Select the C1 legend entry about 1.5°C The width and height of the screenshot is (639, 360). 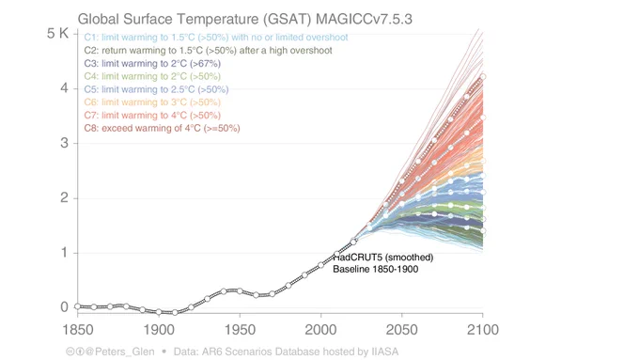pos(216,38)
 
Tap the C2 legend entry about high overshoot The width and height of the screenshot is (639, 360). pos(208,51)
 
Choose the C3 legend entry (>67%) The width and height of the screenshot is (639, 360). pos(152,64)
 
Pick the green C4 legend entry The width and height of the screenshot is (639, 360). pos(152,76)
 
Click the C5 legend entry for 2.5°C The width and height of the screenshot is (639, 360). pos(156,89)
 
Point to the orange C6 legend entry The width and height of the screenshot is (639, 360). pos(152,102)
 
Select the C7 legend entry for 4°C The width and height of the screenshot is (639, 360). pos(152,116)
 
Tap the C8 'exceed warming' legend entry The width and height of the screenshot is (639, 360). pos(162,129)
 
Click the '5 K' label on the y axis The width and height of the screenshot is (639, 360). pos(58,34)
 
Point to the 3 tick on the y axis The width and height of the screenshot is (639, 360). pos(65,143)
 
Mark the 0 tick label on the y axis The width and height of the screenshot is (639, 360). pos(65,307)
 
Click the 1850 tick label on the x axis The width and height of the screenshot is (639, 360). pos(77,329)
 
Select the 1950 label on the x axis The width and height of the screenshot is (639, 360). pos(240,329)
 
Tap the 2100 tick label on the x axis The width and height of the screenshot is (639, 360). pos(483,329)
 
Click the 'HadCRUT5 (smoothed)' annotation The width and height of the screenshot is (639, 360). pos(383,258)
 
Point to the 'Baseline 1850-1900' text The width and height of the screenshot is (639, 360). pos(375,270)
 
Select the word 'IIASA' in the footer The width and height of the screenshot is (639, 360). pos(384,352)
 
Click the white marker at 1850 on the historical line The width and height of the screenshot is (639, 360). pos(77,306)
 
